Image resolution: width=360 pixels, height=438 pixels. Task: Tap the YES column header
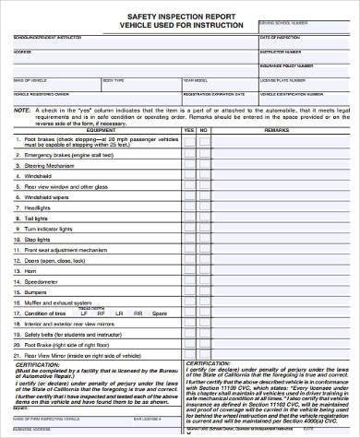pyautogui.click(x=189, y=130)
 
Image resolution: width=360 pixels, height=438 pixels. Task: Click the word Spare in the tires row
pyautogui.click(x=159, y=313)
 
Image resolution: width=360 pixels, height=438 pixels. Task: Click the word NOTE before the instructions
pyautogui.click(x=21, y=110)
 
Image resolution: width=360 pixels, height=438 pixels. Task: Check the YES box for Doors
pyautogui.click(x=189, y=260)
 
